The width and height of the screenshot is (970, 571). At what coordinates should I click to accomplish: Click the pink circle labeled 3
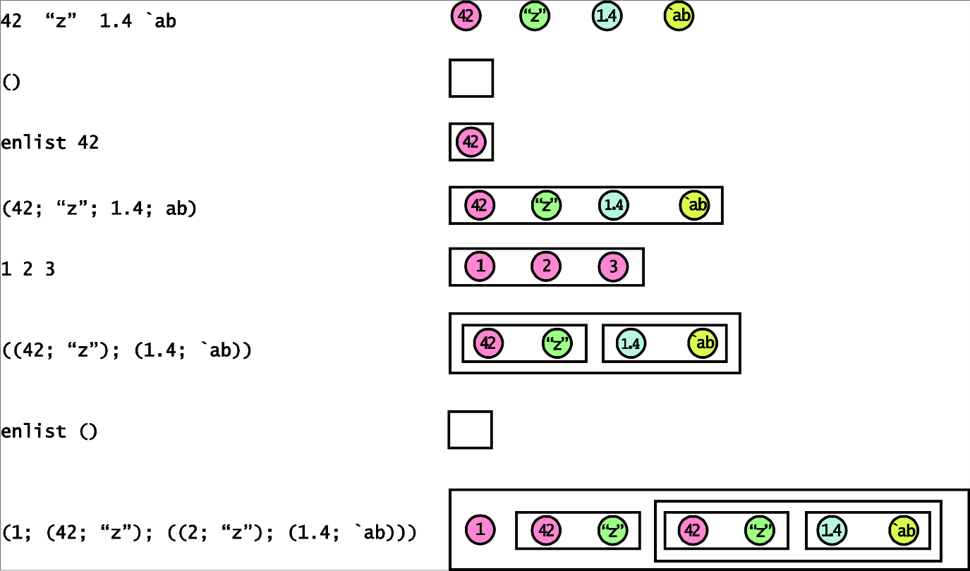pyautogui.click(x=613, y=267)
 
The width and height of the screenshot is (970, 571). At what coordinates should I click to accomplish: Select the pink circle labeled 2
pyautogui.click(x=546, y=266)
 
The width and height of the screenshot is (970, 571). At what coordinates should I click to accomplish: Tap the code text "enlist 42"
pyautogui.click(x=50, y=142)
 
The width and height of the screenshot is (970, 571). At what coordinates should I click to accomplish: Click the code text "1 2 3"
pyautogui.click(x=28, y=269)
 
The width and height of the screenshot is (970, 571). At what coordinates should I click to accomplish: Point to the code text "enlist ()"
pyautogui.click(x=49, y=431)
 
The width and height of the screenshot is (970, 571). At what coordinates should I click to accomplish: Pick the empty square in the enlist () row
pyautogui.click(x=470, y=430)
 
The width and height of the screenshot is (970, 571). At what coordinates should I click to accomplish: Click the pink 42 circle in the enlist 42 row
pyautogui.click(x=471, y=142)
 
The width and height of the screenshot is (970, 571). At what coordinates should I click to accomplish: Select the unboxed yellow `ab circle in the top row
pyautogui.click(x=679, y=17)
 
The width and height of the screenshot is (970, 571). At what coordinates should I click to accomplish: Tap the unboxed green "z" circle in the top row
pyautogui.click(x=535, y=17)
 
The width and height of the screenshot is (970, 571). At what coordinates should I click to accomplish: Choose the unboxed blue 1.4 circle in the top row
pyautogui.click(x=607, y=17)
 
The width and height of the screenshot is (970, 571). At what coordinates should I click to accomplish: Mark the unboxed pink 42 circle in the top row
pyautogui.click(x=466, y=17)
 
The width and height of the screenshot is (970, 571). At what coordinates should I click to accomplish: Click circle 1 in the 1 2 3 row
pyautogui.click(x=480, y=266)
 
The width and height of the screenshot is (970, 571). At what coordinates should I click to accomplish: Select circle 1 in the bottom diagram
pyautogui.click(x=480, y=529)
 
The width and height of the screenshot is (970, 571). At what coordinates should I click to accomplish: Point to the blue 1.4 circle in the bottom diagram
pyautogui.click(x=832, y=530)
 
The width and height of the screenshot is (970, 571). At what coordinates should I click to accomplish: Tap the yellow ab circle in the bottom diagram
pyautogui.click(x=904, y=530)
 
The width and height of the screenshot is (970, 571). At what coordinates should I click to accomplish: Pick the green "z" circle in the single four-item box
pyautogui.click(x=545, y=205)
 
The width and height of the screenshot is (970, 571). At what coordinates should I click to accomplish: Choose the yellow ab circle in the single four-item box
pyautogui.click(x=694, y=205)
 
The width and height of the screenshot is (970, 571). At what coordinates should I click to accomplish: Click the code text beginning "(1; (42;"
pyautogui.click(x=209, y=532)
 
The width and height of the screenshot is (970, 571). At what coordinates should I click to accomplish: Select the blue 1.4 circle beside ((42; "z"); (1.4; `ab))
pyautogui.click(x=631, y=343)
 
